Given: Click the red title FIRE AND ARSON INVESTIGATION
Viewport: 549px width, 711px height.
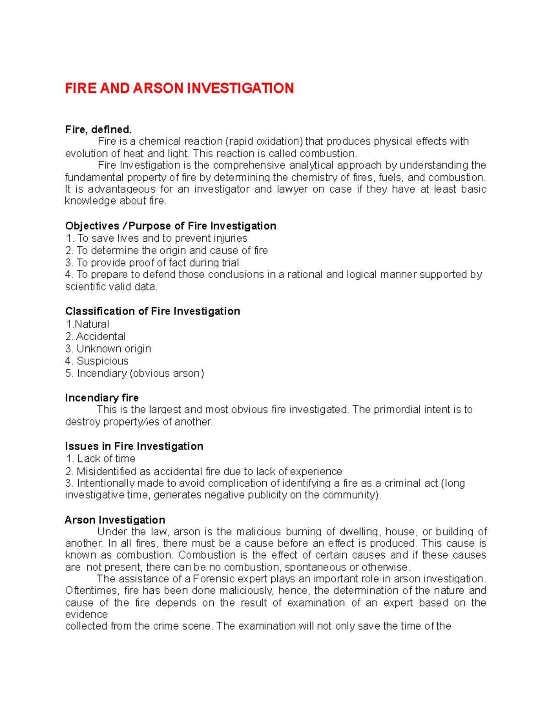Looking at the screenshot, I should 179,88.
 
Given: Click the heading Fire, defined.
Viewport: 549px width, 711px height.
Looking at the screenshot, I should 98,130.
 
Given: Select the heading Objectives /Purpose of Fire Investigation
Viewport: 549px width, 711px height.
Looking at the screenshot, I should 171,226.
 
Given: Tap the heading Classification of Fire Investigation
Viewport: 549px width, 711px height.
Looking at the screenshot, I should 152,311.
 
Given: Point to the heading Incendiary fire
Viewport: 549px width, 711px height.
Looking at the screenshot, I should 102,397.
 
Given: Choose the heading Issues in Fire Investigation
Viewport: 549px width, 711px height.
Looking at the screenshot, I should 134,446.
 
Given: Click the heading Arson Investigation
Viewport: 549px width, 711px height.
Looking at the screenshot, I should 115,520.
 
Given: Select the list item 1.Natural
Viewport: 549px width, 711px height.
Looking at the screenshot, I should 87,324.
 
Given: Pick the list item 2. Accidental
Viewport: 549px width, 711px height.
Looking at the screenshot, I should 95,337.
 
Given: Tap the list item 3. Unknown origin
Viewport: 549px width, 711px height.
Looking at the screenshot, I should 108,349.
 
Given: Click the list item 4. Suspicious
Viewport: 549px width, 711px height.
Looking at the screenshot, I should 97,361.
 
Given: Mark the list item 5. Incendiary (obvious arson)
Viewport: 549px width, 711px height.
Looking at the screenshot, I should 135,374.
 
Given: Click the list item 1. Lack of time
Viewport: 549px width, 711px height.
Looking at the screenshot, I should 101,459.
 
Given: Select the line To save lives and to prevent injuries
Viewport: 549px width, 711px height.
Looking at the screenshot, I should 162,238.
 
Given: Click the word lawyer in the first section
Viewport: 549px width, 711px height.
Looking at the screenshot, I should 292,189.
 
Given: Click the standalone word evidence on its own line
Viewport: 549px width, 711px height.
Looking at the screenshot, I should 86,614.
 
